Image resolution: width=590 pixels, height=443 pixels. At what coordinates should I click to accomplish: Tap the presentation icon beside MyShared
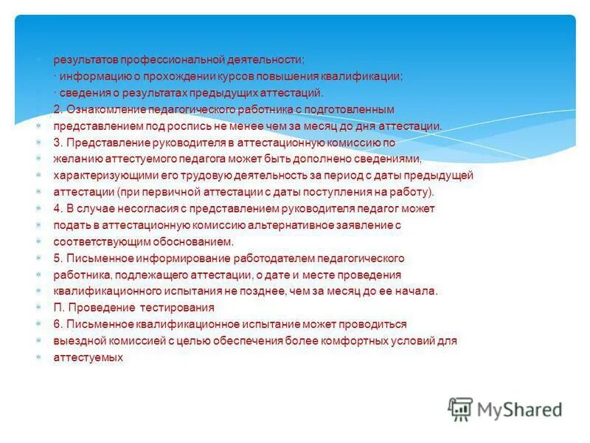click(x=461, y=409)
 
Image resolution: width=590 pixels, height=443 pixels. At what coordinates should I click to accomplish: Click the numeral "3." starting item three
click(x=58, y=142)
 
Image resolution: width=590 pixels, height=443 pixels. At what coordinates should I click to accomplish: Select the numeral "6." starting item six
click(x=58, y=323)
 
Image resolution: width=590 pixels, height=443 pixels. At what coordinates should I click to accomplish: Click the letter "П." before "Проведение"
click(x=58, y=307)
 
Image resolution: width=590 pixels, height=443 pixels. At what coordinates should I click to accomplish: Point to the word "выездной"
click(x=77, y=340)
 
